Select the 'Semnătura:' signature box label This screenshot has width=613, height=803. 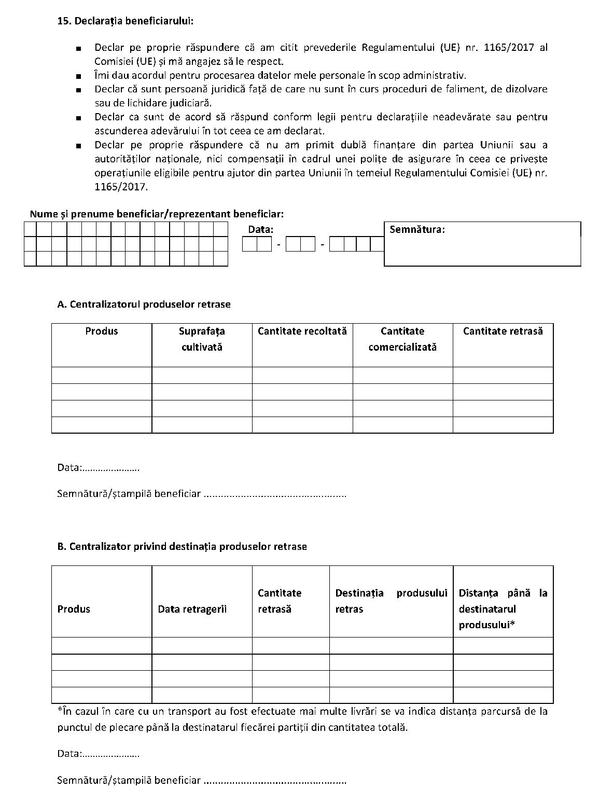coord(417,229)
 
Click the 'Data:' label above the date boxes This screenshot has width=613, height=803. coord(260,229)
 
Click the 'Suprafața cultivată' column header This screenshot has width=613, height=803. coord(202,339)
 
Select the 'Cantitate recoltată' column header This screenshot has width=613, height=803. coord(302,331)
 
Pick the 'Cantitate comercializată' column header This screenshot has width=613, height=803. coord(402,339)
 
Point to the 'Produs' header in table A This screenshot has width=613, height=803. coord(102,331)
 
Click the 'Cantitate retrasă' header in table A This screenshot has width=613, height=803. coord(503,331)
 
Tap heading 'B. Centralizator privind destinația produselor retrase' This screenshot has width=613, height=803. coord(182,547)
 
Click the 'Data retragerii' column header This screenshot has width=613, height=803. coord(192,610)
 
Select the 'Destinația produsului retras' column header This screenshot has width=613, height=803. coord(391,601)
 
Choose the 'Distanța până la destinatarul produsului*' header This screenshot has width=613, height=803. coord(503,609)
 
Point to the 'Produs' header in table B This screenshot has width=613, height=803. coord(74,610)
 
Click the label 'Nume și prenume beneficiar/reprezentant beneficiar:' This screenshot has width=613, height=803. coord(157,214)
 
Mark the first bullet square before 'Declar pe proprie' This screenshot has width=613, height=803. coord(78,49)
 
